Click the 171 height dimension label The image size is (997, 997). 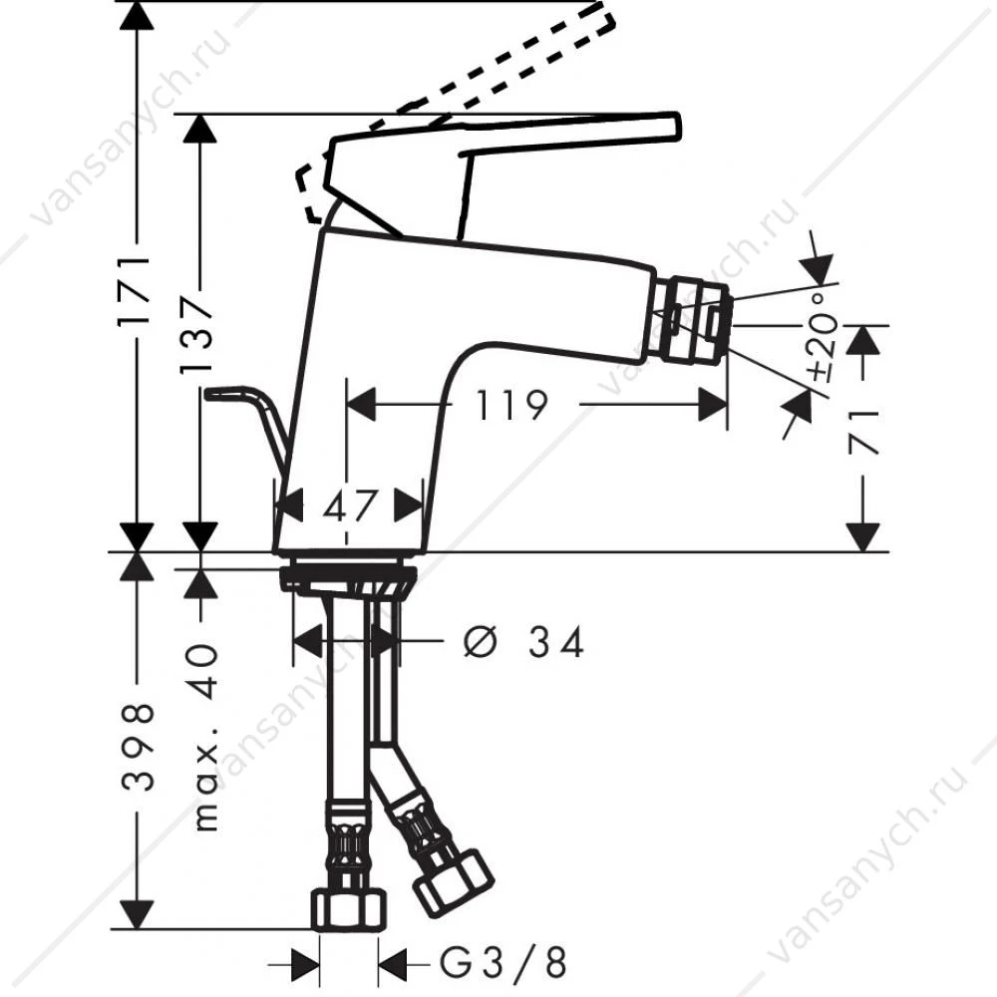point(136,290)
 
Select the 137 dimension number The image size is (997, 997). point(197,333)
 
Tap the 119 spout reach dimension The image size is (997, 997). point(511,405)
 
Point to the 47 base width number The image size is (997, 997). point(348,505)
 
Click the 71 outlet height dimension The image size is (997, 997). point(863,433)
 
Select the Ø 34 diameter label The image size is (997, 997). point(522,641)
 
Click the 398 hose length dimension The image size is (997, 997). point(137,746)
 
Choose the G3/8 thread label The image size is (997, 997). point(502,962)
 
